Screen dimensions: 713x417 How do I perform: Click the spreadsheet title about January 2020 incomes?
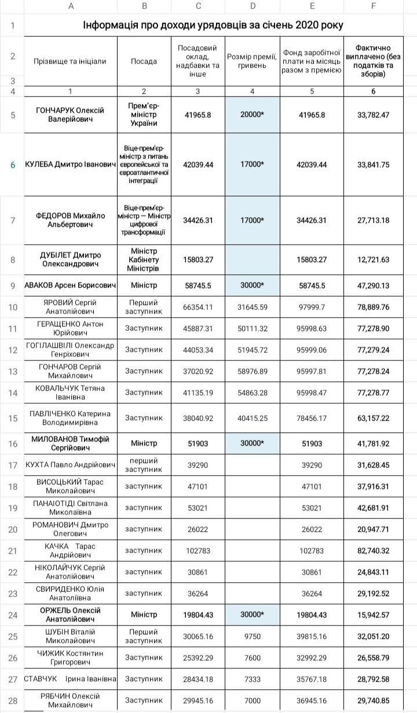click(x=213, y=25)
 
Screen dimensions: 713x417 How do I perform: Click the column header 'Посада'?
click(x=144, y=61)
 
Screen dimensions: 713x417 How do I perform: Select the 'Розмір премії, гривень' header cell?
click(x=252, y=61)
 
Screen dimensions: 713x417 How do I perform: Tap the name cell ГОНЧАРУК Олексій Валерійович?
click(x=70, y=115)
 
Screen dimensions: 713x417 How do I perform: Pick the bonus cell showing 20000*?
click(x=252, y=115)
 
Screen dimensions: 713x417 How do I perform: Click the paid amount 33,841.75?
click(x=374, y=165)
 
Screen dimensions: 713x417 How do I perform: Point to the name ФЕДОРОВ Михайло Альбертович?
click(x=70, y=220)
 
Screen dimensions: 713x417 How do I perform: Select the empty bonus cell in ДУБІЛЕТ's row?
click(x=252, y=260)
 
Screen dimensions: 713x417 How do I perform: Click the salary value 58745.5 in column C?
click(x=198, y=285)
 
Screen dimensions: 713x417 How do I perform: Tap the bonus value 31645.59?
click(x=252, y=307)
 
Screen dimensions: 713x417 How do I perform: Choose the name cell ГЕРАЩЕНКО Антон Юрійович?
click(x=70, y=328)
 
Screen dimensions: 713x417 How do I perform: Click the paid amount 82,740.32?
click(x=374, y=550)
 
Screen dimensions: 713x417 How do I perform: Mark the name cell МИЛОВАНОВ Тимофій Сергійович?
click(x=70, y=443)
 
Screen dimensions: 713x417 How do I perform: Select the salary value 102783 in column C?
click(x=198, y=550)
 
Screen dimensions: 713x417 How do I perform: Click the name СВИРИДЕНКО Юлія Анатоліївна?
click(x=70, y=593)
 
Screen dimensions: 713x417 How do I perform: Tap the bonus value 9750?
click(x=252, y=636)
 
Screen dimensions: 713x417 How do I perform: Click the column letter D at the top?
click(x=253, y=6)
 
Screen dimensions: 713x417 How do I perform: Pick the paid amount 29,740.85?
click(x=374, y=700)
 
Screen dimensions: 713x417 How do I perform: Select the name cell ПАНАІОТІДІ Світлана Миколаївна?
click(x=70, y=508)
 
